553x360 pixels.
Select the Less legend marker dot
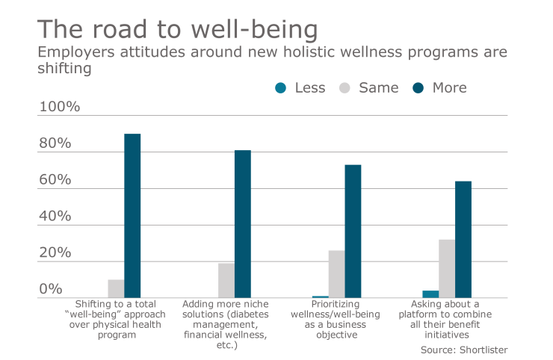(281, 88)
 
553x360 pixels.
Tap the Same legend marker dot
(345, 88)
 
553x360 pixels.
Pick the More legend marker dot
(418, 88)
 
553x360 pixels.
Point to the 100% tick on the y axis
(59, 107)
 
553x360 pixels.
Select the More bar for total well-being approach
(132, 216)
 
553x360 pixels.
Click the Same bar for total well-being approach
(116, 289)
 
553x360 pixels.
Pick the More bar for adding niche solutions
(243, 224)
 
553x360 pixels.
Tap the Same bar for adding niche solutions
(226, 281)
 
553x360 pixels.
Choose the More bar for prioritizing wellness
(353, 232)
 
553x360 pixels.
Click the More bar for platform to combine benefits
(463, 240)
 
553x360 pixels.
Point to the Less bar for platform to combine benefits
(430, 294)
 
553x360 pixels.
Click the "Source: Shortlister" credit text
(463, 349)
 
